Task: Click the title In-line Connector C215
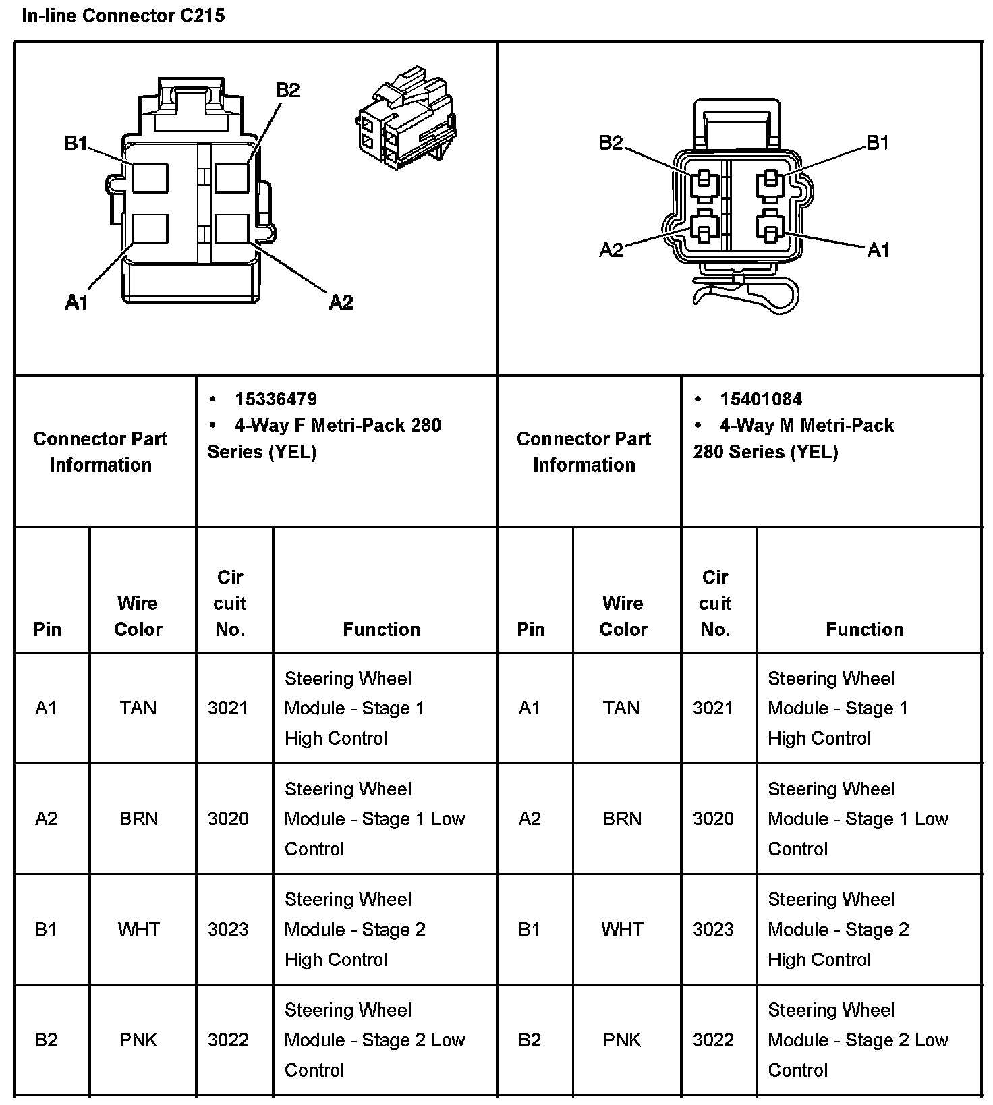click(x=123, y=16)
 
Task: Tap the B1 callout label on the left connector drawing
click(x=76, y=144)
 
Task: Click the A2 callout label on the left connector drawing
click(x=341, y=302)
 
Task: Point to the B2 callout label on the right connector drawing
click(x=611, y=143)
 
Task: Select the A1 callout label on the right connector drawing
click(x=878, y=250)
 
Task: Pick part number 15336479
click(x=275, y=399)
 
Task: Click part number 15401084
click(x=760, y=399)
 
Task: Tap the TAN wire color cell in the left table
click(x=138, y=708)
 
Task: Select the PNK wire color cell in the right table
click(x=622, y=1040)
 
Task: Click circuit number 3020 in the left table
click(x=228, y=818)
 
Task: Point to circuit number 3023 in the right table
click(x=713, y=929)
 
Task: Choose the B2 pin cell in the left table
click(x=46, y=1040)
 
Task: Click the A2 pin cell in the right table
click(x=530, y=818)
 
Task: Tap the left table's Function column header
click(x=381, y=629)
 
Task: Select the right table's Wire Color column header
click(x=623, y=617)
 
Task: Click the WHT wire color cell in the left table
click(x=138, y=929)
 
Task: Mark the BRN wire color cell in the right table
click(x=622, y=818)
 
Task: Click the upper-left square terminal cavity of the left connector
click(x=150, y=179)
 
